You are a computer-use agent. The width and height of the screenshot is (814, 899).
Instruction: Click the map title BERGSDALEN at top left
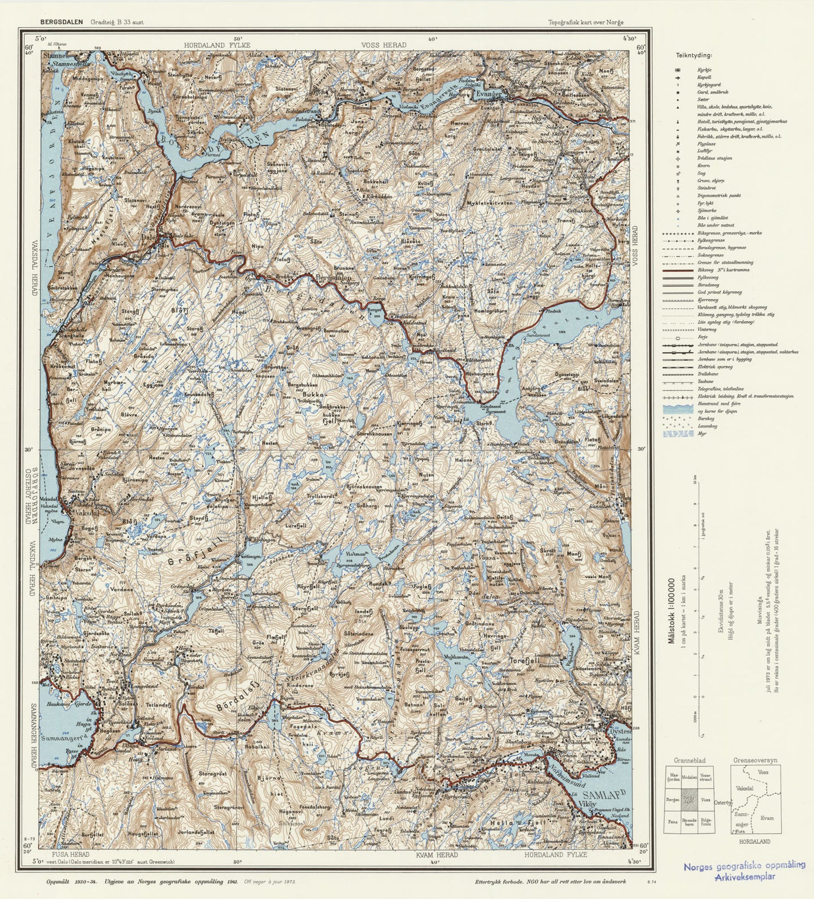tap(61, 23)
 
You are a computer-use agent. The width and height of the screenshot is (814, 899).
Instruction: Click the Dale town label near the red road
tap(149, 239)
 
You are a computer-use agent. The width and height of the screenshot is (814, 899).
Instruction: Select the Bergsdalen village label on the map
tap(333, 277)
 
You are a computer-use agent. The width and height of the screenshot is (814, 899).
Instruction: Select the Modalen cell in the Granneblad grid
tap(689, 776)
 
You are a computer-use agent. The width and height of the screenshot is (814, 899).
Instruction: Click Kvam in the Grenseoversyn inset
tap(766, 818)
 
